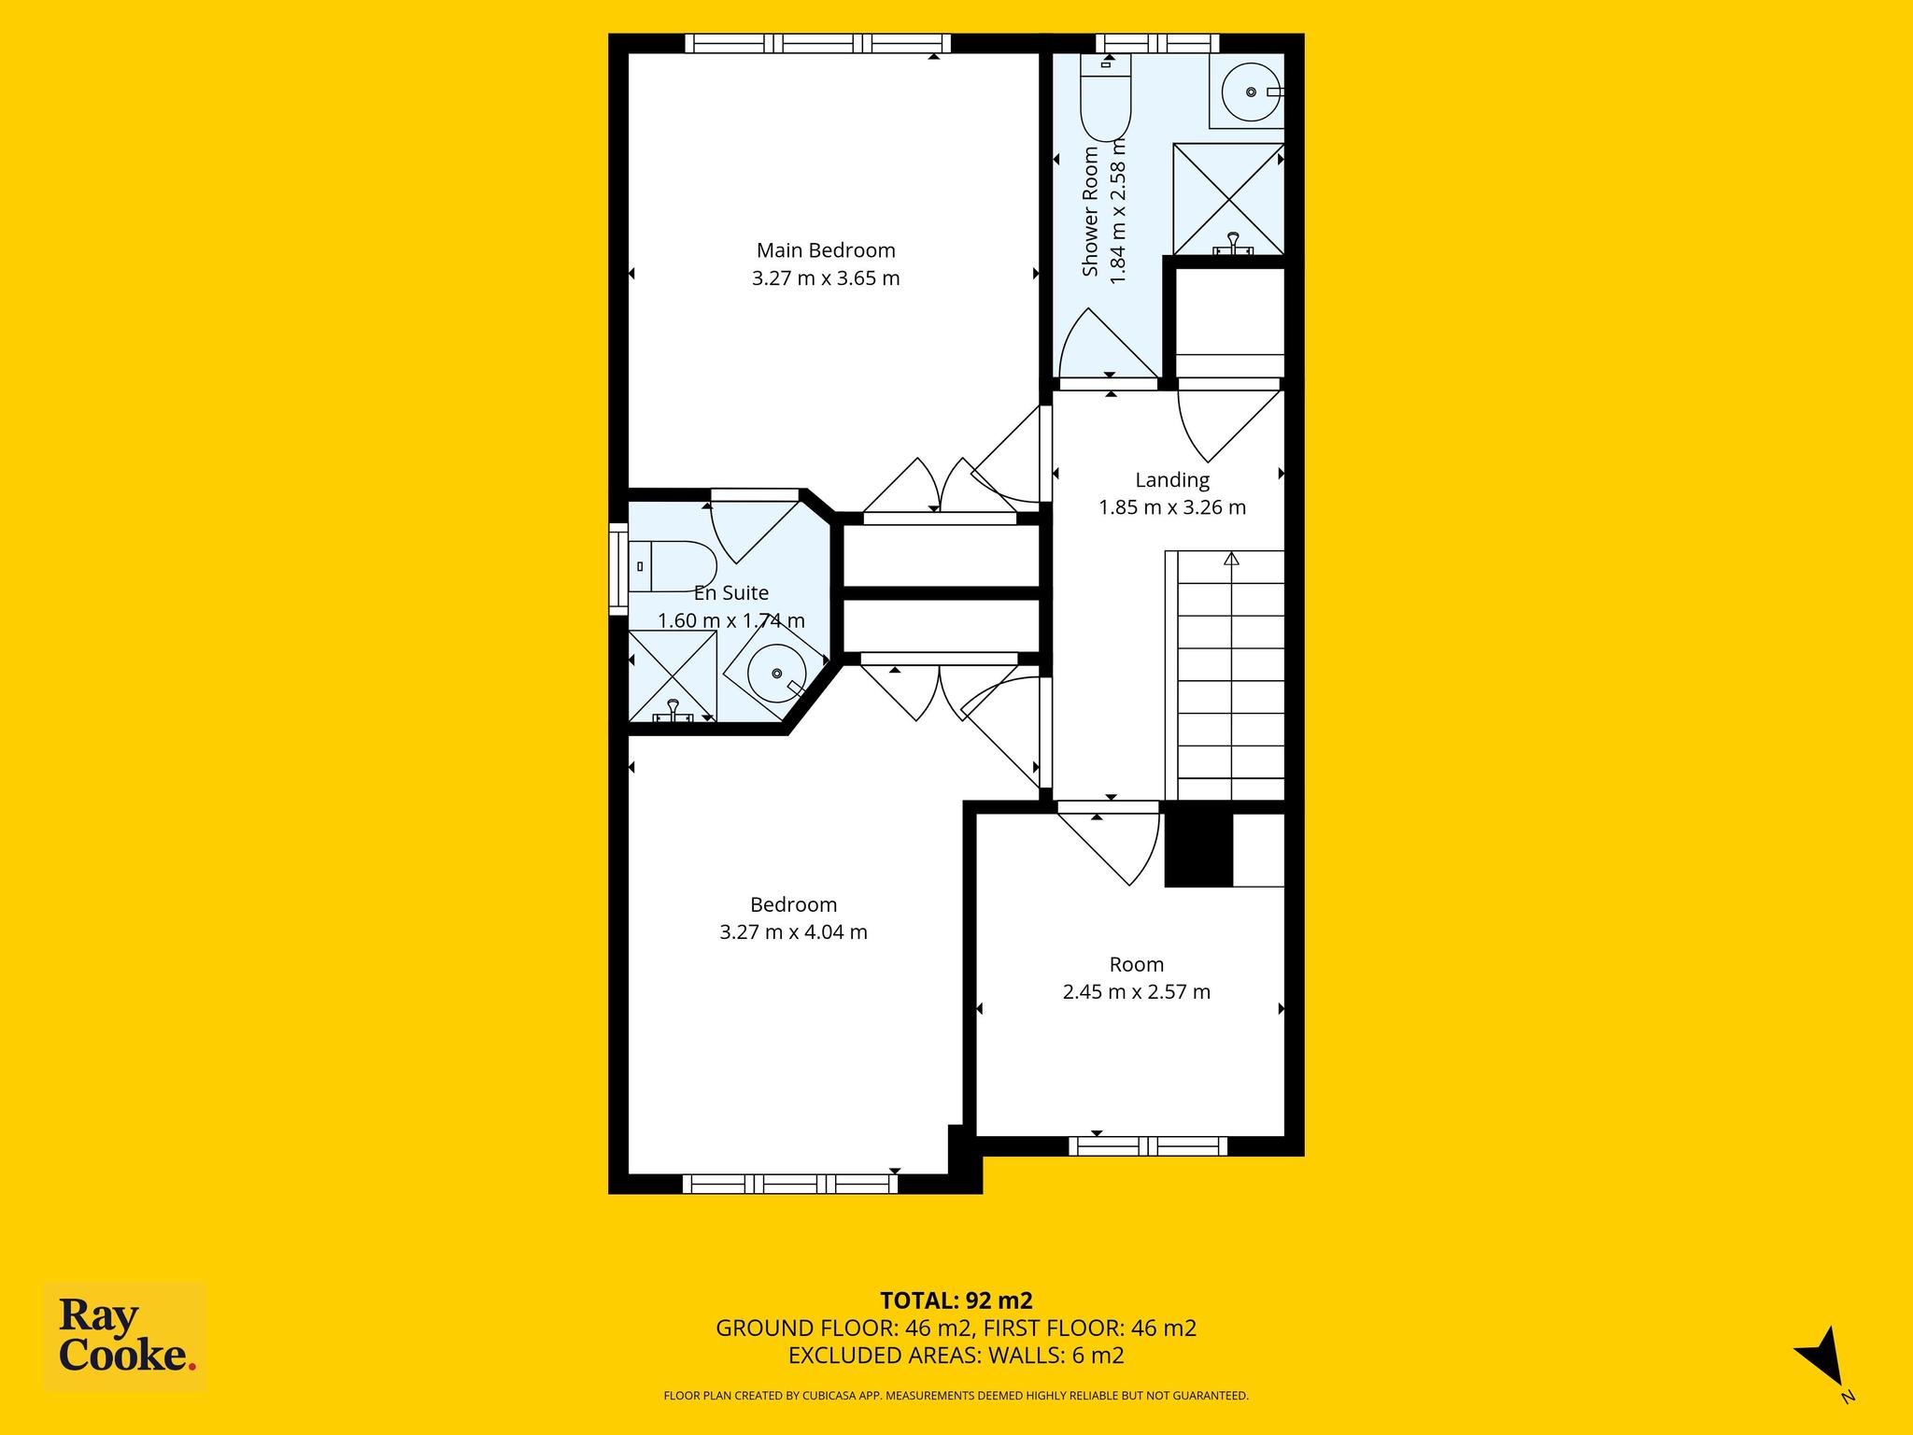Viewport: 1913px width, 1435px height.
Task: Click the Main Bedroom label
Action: (826, 250)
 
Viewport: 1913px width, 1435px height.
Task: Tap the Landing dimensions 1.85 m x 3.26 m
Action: (1172, 507)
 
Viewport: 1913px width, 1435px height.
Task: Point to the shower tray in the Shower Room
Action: (1228, 199)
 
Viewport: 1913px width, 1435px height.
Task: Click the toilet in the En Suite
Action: (672, 566)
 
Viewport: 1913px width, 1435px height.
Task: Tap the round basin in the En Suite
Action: (777, 673)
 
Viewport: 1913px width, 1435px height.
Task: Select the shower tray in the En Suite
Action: (673, 676)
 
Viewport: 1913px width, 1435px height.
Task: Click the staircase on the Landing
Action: (1226, 675)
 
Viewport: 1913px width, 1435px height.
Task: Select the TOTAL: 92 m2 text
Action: (956, 1300)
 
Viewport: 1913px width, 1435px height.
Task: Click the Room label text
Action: (1137, 964)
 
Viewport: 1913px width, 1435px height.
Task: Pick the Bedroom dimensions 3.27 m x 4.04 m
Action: (793, 931)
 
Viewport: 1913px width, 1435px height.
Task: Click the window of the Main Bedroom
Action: (817, 43)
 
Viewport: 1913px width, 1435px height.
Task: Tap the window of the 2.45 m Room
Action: (1147, 1146)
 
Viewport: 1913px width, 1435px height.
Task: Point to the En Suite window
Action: (618, 569)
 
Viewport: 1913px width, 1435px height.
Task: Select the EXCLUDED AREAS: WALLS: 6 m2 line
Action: (956, 1356)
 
